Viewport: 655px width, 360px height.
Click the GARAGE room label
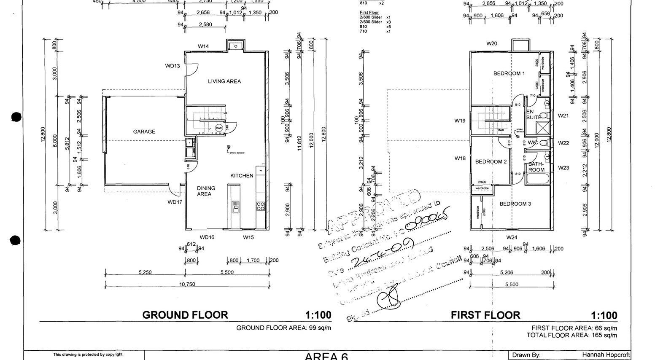(x=144, y=132)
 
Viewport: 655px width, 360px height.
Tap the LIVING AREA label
(x=224, y=81)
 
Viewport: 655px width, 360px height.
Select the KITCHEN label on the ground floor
(x=242, y=175)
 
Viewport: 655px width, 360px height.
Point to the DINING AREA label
(x=206, y=191)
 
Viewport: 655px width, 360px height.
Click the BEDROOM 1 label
(x=509, y=73)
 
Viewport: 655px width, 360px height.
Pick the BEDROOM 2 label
(x=491, y=161)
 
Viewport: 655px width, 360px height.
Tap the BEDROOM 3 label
(x=515, y=204)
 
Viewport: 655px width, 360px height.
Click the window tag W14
(x=203, y=46)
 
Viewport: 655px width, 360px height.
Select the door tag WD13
(x=173, y=66)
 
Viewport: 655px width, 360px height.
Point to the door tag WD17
(x=175, y=202)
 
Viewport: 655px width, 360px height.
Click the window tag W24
(x=512, y=237)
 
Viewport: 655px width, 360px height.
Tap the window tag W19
(x=460, y=121)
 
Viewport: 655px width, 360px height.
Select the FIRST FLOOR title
(x=485, y=315)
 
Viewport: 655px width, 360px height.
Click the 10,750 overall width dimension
(x=187, y=284)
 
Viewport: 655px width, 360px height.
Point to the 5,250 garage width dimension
(x=145, y=272)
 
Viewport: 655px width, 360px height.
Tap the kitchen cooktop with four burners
(x=260, y=206)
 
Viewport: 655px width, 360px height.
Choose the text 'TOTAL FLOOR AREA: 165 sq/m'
(x=571, y=335)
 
